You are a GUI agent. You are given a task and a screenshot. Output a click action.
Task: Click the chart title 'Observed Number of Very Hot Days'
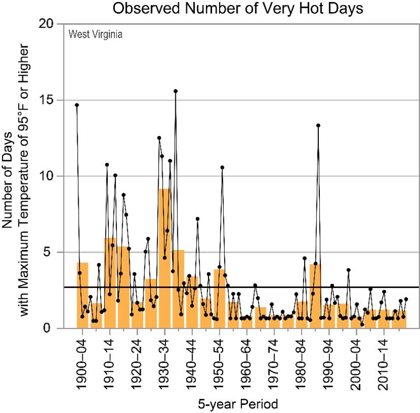(237, 8)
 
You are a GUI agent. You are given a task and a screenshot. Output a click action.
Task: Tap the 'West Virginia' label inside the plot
(96, 34)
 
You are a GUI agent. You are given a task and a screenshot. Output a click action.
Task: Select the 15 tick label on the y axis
(47, 100)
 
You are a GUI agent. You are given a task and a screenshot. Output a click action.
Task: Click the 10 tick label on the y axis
(47, 176)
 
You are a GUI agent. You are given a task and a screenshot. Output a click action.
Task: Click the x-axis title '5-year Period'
(238, 404)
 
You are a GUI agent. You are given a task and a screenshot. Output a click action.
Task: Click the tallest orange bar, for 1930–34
(165, 259)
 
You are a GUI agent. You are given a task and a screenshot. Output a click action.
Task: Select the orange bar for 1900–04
(82, 296)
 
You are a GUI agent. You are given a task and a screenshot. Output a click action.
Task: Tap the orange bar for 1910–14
(110, 283)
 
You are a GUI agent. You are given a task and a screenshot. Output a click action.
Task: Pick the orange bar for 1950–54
(219, 299)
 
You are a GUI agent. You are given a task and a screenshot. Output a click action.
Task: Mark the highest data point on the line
(175, 91)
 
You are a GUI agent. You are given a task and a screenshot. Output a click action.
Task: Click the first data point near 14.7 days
(77, 105)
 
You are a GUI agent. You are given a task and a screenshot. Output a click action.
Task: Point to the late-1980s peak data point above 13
(318, 125)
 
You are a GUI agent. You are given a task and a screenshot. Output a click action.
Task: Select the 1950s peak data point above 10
(222, 168)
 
